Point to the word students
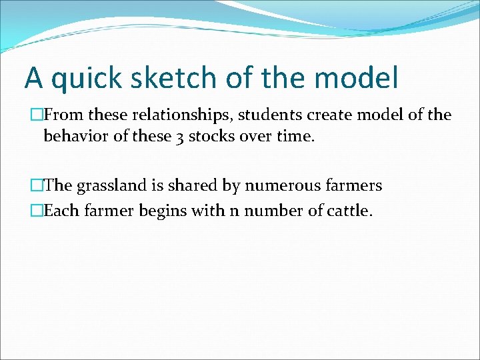point(269,115)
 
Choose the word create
point(329,115)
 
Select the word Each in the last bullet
point(58,211)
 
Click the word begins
point(155,211)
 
